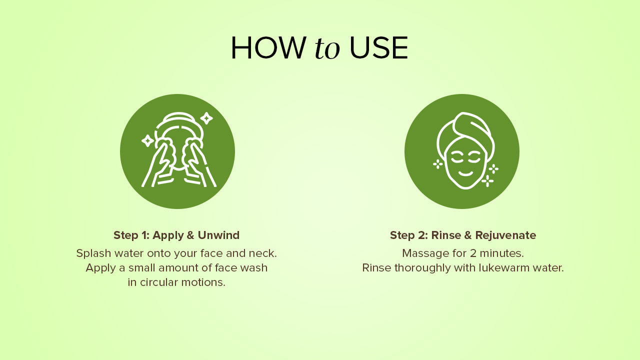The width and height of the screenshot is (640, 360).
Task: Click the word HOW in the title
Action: pyautogui.click(x=267, y=48)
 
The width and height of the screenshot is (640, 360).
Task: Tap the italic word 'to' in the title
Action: pyautogui.click(x=327, y=48)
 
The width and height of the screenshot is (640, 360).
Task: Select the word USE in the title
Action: pyautogui.click(x=379, y=48)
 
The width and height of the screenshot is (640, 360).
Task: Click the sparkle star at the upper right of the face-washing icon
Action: pyautogui.click(x=206, y=118)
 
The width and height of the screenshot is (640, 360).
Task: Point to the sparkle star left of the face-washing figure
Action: pyautogui.click(x=147, y=141)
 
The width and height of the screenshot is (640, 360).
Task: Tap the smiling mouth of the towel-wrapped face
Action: pyautogui.click(x=465, y=173)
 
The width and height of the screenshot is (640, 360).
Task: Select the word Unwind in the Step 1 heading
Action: pyautogui.click(x=218, y=235)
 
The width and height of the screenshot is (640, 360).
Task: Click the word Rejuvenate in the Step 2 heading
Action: pyautogui.click(x=505, y=235)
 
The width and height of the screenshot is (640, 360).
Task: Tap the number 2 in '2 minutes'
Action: pyautogui.click(x=473, y=253)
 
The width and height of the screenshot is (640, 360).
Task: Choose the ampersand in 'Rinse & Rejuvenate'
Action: pyautogui.click(x=467, y=235)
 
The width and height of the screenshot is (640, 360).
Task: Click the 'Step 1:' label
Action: pyautogui.click(x=131, y=235)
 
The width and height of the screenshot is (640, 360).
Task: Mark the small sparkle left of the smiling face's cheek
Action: pyautogui.click(x=437, y=164)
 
